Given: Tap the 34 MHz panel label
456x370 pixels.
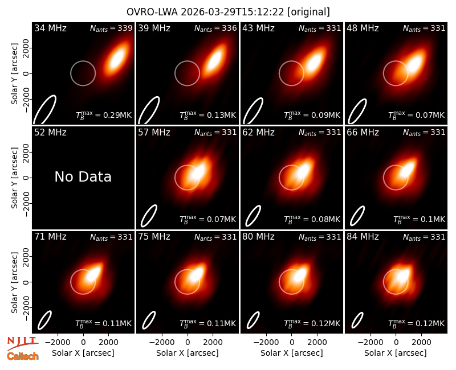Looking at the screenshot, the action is pos(50,28).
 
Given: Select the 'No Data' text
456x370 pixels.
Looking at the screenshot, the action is pos(83,176).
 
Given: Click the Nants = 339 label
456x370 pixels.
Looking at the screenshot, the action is pos(111,28).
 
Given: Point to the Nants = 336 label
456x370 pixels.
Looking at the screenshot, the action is pos(215,28).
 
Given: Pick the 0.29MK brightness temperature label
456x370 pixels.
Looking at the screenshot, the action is pos(104,115).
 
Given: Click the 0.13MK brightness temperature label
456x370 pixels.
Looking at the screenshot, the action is pos(208,115).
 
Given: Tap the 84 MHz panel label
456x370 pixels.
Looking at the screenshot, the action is pos(363,237).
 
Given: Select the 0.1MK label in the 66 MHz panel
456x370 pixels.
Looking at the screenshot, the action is pos(419,219).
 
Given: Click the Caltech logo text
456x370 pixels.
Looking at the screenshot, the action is pos(23,356).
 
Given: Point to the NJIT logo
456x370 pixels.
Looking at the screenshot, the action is pos(23,343).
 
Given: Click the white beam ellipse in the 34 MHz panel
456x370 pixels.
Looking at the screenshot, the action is pos(45,109).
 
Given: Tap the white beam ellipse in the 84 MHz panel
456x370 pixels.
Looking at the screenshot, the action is pos(357,320).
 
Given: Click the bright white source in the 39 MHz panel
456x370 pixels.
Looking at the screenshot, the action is pos(216,60).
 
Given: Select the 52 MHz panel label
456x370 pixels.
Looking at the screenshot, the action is pos(50,133).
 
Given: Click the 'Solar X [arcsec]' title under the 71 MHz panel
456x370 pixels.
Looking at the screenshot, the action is pos(83,353).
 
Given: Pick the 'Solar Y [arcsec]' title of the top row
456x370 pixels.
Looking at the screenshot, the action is pos(14,74).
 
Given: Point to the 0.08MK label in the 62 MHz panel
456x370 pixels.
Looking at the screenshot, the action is pos(312,219).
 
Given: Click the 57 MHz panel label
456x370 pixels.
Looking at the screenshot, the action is pos(154,133).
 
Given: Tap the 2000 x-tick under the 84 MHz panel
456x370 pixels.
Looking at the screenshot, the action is pos(421,343).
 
